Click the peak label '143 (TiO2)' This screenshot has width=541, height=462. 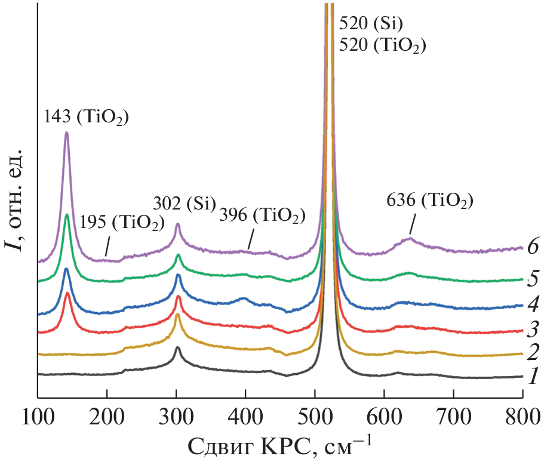87,116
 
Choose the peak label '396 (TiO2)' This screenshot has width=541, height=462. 263,215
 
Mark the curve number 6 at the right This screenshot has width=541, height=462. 533,247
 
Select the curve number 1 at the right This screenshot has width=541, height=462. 533,377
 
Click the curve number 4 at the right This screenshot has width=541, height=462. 533,305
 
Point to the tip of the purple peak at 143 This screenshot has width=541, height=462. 67,133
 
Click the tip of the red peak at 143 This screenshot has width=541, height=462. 67,293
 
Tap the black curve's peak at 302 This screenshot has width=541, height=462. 178,347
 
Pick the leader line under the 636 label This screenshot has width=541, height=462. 412,226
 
